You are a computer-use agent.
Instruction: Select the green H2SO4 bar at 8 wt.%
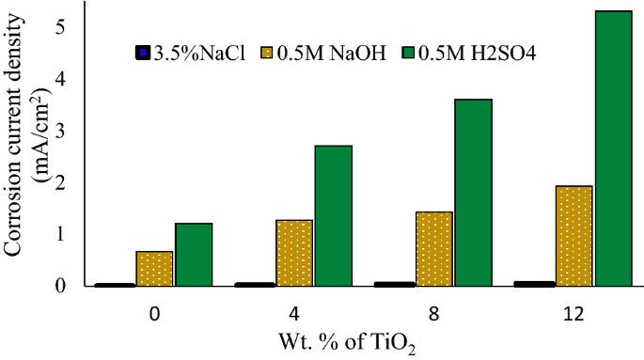tap(473, 193)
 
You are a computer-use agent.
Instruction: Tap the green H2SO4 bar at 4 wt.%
tap(333, 215)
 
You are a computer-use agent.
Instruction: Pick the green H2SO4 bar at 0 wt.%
tap(193, 254)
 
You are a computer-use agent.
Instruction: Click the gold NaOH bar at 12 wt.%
tap(573, 235)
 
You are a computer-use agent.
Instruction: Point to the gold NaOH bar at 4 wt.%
tap(293, 252)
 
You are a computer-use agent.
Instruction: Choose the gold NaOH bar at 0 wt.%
tap(154, 268)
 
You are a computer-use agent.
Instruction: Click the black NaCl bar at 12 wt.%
tap(534, 283)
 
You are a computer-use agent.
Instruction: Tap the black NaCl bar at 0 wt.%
tap(115, 284)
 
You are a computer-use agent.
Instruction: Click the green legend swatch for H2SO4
tap(410, 52)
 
